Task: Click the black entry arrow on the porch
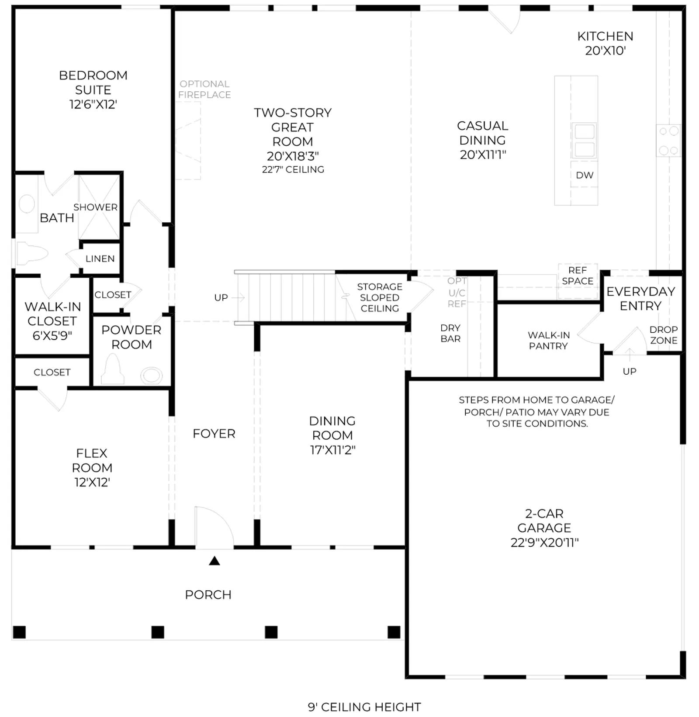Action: click(x=214, y=561)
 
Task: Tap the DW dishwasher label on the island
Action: click(x=585, y=175)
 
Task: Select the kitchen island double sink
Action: click(x=584, y=141)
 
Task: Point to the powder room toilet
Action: click(x=113, y=369)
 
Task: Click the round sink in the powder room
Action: click(x=152, y=376)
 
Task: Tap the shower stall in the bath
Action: click(x=99, y=207)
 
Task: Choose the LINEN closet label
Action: click(x=100, y=259)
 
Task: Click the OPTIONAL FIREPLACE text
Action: click(x=204, y=89)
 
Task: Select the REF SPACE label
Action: click(x=578, y=276)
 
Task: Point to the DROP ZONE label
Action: click(x=664, y=335)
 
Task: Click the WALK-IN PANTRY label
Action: click(x=549, y=341)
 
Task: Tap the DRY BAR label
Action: click(x=450, y=333)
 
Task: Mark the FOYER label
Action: click(x=214, y=434)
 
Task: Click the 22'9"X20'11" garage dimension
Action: click(x=544, y=542)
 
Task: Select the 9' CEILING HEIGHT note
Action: click(x=364, y=707)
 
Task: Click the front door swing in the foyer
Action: click(x=214, y=526)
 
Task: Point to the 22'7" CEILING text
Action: click(x=293, y=169)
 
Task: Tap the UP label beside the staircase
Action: click(x=221, y=297)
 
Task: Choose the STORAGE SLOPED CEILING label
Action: click(x=380, y=297)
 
